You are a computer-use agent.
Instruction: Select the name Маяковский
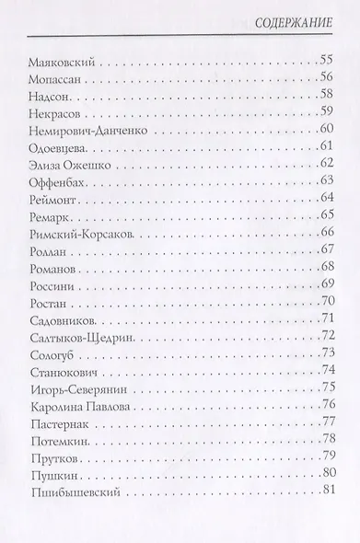coord(56,64)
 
